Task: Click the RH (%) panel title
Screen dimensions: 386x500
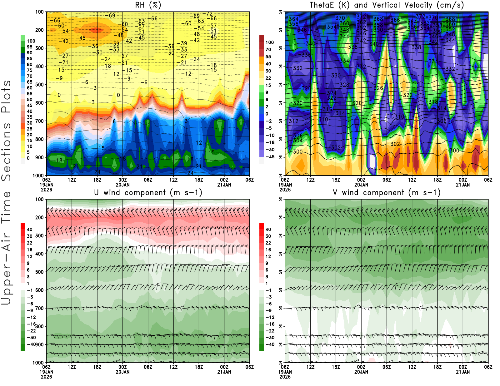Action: click(148, 5)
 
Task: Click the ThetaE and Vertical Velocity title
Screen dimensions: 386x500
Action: click(387, 5)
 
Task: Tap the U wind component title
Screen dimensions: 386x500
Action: click(148, 193)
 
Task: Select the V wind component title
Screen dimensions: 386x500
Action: click(387, 193)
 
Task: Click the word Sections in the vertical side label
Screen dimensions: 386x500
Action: click(6, 151)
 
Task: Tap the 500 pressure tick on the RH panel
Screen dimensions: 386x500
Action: click(39, 85)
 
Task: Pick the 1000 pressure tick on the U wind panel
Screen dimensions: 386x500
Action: click(38, 363)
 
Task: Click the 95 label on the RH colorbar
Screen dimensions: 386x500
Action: click(29, 47)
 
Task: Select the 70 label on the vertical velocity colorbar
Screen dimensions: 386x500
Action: click(268, 49)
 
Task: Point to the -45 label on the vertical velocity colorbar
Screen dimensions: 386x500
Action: click(269, 157)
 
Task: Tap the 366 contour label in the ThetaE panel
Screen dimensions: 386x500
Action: click(395, 20)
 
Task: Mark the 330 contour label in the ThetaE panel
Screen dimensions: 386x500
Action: click(336, 76)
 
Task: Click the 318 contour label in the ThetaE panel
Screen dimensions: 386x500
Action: click(433, 102)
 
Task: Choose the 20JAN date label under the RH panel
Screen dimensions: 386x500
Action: click(122, 185)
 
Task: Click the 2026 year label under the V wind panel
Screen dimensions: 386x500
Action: click(285, 377)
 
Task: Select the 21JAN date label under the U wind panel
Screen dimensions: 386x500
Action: click(224, 372)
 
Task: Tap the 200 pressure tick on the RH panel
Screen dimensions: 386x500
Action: click(39, 30)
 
